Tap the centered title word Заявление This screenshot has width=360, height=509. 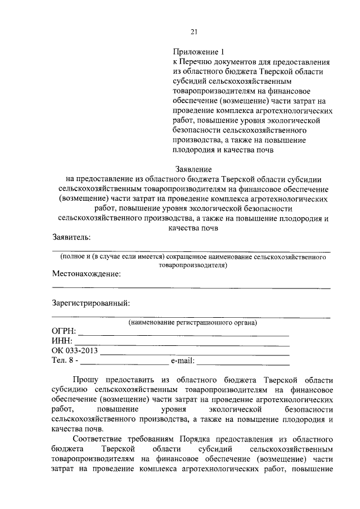pyautogui.click(x=193, y=169)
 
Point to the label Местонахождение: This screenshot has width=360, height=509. pyautogui.click(x=86, y=274)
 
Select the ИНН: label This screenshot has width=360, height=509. pyautogui.click(x=62, y=342)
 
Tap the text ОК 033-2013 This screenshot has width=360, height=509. pyautogui.click(x=75, y=351)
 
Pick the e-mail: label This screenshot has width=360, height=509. pyautogui.click(x=182, y=360)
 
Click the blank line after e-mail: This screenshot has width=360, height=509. pyautogui.click(x=242, y=363)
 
